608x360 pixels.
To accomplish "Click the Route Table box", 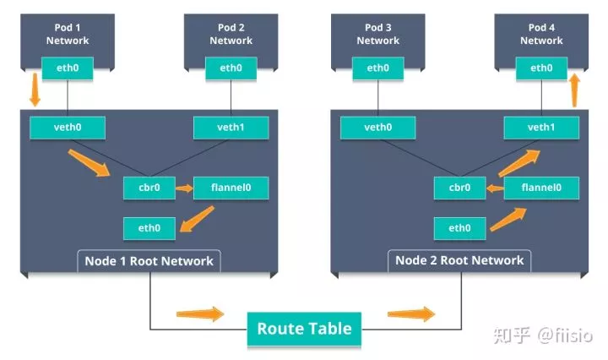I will (x=304, y=329).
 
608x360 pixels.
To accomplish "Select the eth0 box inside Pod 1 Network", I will (x=68, y=68).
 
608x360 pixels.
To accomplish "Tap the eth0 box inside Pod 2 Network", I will (x=231, y=68).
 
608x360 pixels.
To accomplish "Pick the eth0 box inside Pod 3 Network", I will (x=377, y=68).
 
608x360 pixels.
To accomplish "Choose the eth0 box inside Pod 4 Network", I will (x=541, y=68).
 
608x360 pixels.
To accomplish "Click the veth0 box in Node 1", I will (x=68, y=128).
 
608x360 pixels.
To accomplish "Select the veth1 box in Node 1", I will (x=231, y=128).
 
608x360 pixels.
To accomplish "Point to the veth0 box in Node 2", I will (x=377, y=128).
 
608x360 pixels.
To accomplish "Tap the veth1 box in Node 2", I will (x=541, y=128).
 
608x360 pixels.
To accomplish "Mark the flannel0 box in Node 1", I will (x=231, y=188).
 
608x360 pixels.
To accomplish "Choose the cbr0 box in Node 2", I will (x=459, y=188).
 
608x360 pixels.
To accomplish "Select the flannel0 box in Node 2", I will (x=541, y=188).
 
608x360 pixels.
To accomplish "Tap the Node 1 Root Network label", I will (x=149, y=260).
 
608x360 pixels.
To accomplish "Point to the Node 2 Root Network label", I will (x=459, y=260).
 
